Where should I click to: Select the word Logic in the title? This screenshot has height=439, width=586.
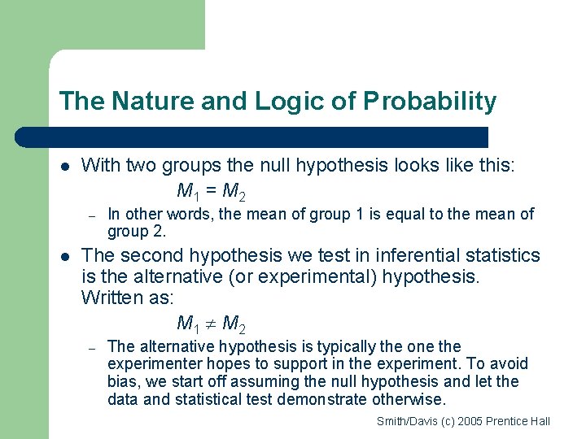point(284,102)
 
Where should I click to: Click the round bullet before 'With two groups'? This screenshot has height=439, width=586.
point(65,167)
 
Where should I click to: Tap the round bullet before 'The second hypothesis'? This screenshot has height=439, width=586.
point(65,256)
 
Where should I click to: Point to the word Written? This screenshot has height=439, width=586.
point(112,298)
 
